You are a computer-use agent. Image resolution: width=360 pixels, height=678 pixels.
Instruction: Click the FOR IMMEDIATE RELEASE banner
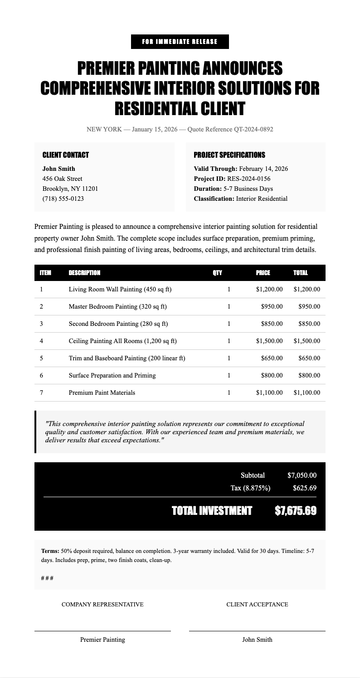click(180, 42)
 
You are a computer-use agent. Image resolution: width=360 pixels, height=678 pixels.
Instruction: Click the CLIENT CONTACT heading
click(65, 155)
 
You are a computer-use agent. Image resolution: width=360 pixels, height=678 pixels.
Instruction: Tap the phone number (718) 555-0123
click(63, 199)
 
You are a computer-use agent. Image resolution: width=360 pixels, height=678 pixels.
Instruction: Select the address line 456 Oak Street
click(62, 179)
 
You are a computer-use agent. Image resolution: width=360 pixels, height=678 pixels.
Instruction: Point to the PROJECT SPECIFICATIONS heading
click(229, 155)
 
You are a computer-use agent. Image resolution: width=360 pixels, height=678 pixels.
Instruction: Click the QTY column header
click(217, 273)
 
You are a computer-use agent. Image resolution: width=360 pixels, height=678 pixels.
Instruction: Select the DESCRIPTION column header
click(84, 273)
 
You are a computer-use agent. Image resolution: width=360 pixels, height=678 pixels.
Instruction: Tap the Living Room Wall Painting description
click(120, 289)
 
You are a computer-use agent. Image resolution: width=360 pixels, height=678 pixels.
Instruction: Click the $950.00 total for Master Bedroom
click(309, 306)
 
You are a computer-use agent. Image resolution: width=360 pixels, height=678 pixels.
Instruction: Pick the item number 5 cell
click(41, 358)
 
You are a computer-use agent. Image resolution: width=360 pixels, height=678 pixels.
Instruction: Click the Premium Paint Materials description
click(102, 392)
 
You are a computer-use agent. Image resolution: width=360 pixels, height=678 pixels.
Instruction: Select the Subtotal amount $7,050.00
click(302, 475)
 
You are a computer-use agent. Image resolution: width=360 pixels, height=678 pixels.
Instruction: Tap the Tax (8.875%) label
click(250, 488)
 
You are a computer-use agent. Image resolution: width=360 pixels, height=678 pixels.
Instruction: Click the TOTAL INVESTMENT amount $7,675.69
click(296, 511)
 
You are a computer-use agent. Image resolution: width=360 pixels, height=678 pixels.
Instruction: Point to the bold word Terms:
click(50, 551)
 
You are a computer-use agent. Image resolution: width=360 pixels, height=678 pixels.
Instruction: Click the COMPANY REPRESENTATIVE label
click(102, 604)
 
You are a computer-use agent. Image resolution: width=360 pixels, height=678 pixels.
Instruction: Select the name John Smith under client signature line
click(257, 640)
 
